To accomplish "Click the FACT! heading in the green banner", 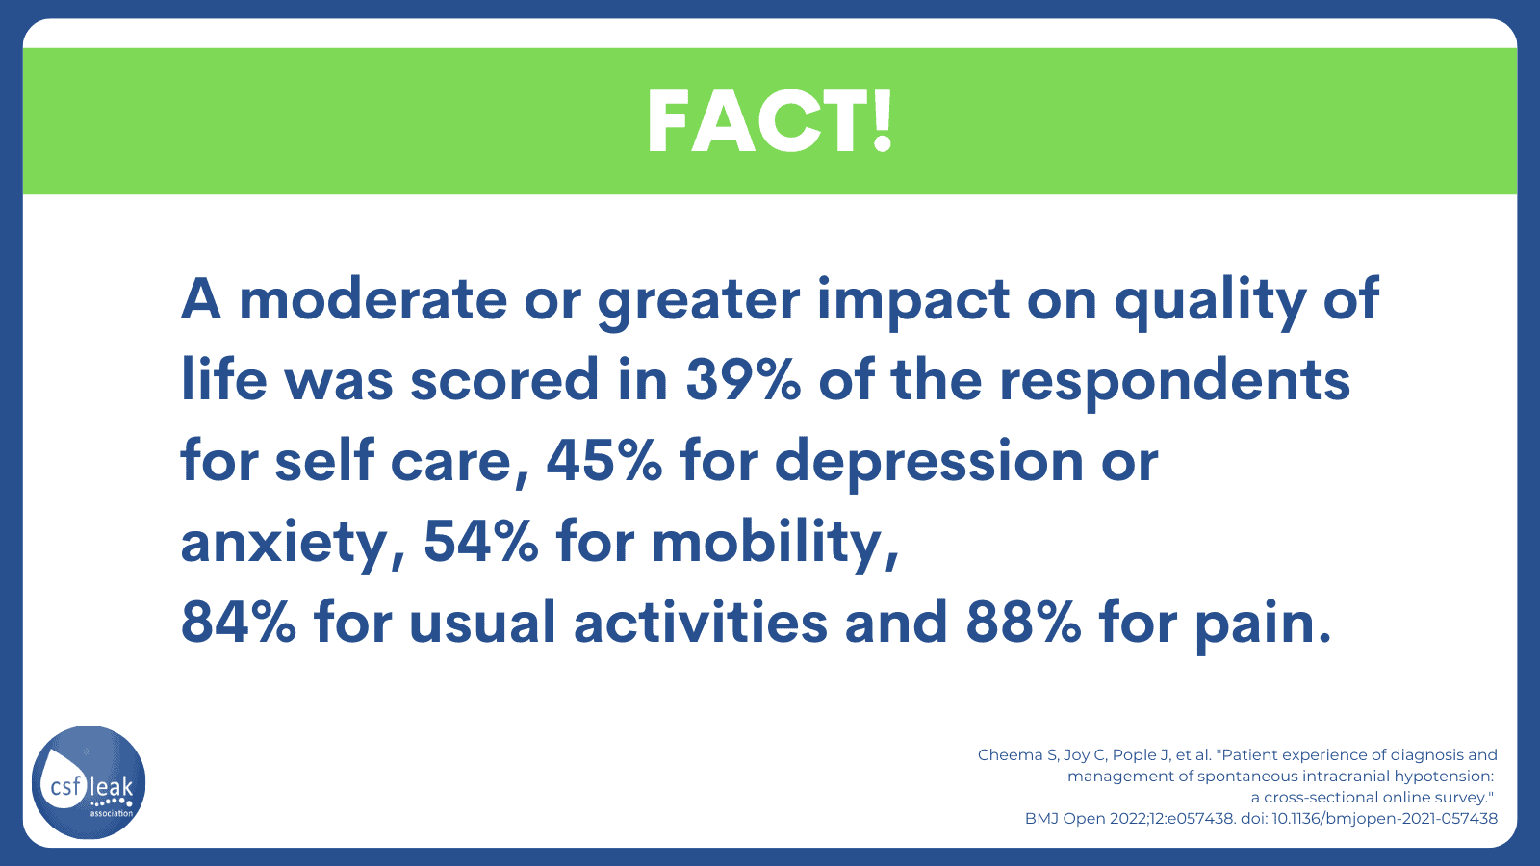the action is point(770,121).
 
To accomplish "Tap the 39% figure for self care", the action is point(743,380).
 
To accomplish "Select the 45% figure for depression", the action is point(604,461).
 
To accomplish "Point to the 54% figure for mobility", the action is point(481,542).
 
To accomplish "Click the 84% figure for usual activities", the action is point(239,623).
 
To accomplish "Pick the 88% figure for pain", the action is point(1024,623).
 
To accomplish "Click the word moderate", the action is point(373,299).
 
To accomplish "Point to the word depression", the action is point(930,464).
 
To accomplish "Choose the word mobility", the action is point(776,545).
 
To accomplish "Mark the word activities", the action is point(701,622).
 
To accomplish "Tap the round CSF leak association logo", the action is point(89,782).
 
